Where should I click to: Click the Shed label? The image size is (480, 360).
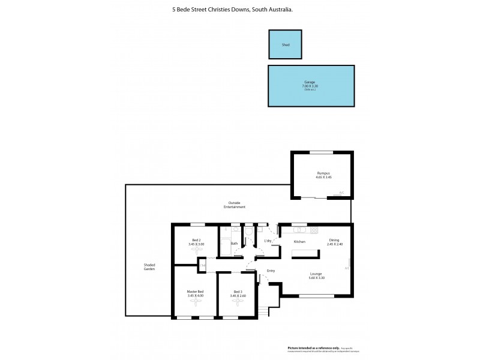click(285, 44)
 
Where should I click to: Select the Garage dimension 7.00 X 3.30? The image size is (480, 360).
click(309, 86)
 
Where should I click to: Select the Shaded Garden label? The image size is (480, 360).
click(149, 268)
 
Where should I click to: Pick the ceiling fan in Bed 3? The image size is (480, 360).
click(238, 302)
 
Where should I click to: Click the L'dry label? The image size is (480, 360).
click(268, 241)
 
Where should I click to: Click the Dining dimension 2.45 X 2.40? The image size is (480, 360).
click(335, 244)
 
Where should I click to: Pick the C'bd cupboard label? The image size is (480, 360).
click(203, 265)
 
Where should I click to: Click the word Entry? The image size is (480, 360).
click(271, 271)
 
